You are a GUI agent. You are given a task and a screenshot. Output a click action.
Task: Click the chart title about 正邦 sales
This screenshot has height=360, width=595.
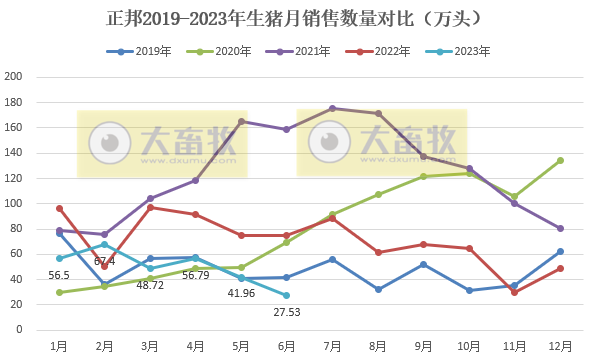296,18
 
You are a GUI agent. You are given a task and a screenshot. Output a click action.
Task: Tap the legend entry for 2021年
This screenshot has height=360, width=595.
306,50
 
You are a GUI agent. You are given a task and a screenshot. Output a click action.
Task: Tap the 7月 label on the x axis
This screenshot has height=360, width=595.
332,344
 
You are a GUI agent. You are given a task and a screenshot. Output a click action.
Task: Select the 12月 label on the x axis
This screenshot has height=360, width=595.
560,344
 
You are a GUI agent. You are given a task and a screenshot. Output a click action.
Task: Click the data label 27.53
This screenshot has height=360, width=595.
287,312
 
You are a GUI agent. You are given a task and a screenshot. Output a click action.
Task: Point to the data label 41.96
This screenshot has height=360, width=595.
241,293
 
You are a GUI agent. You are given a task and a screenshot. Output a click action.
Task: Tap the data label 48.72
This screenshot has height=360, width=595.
150,285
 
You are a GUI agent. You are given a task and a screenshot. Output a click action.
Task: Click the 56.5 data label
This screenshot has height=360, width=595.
59,275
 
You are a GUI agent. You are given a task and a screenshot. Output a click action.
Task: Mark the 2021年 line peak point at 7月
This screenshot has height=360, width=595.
332,108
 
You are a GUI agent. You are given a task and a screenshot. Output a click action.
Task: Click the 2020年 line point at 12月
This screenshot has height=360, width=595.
560,160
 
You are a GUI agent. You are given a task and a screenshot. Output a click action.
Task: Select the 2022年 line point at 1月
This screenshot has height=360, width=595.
59,208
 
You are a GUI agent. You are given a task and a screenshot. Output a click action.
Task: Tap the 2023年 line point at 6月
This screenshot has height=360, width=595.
287,295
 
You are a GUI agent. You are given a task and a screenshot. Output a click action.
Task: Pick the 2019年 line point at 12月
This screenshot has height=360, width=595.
560,251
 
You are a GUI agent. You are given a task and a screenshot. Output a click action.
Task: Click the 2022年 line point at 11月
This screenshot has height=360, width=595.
514,292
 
